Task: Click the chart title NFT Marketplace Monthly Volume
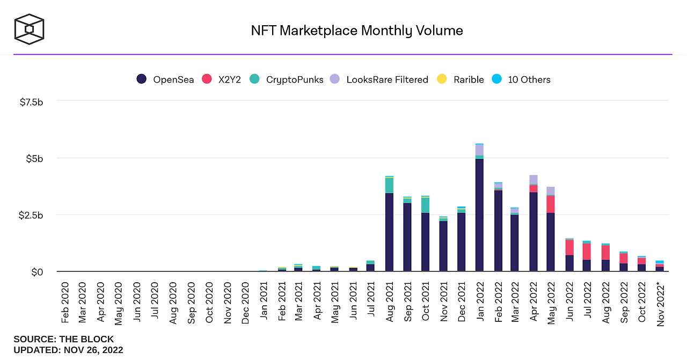[357, 31]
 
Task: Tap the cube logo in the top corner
[30, 29]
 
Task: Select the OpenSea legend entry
[165, 79]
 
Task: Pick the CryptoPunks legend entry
[287, 79]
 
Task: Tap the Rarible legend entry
[461, 79]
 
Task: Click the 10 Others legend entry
[521, 79]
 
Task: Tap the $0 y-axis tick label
[36, 272]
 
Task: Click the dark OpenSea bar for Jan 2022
[479, 215]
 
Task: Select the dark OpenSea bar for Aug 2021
[389, 232]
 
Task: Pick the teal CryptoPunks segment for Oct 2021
[425, 205]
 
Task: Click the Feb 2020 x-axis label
[65, 303]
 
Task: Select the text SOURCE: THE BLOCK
[63, 339]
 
